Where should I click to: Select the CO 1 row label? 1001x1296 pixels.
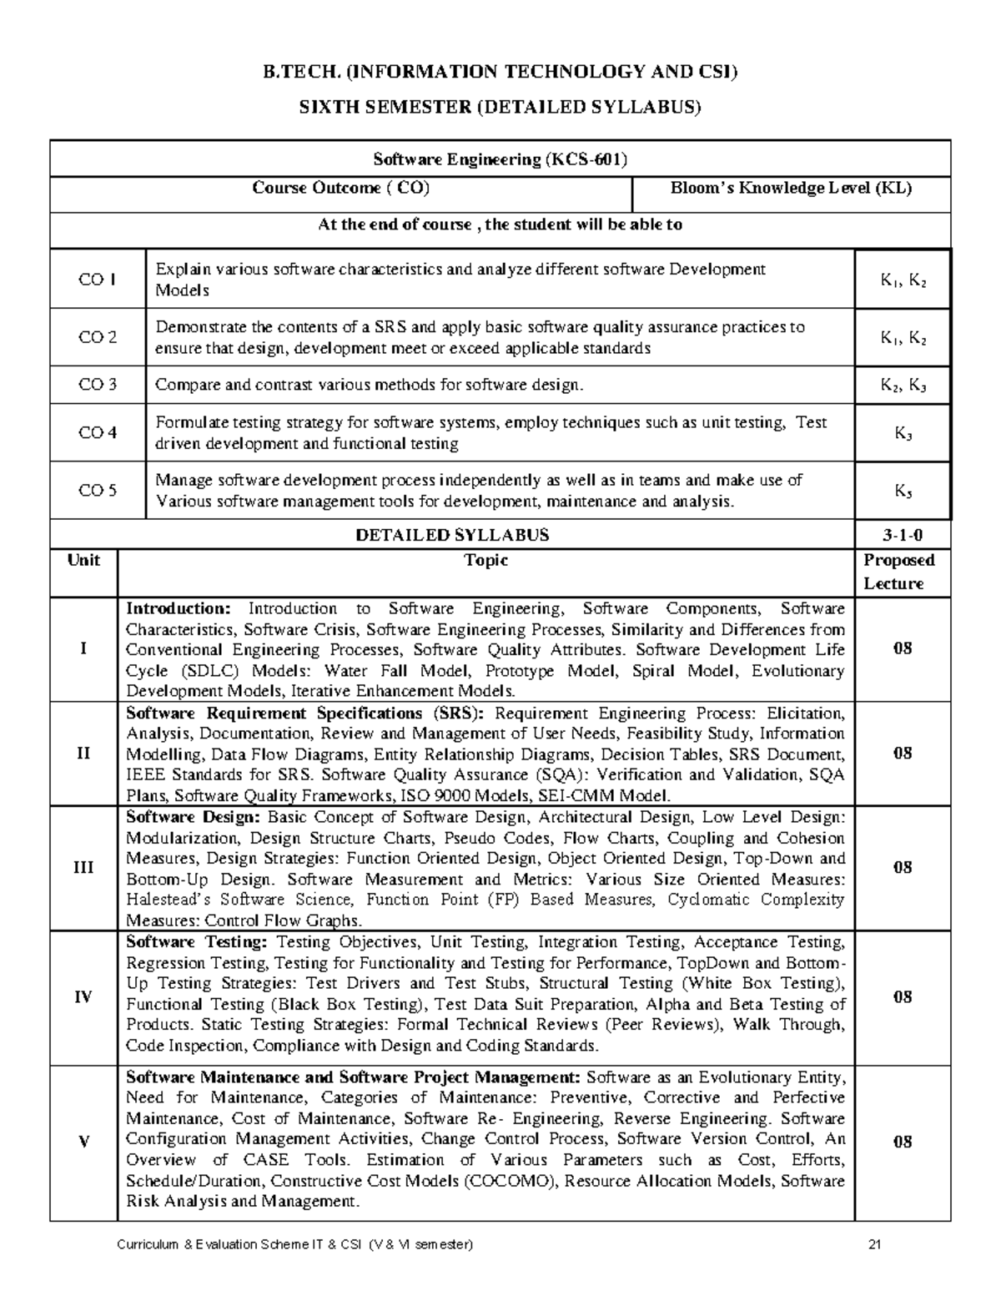[x=97, y=280]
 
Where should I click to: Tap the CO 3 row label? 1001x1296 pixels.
[x=97, y=385]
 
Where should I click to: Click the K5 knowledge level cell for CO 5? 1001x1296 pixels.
[x=903, y=492]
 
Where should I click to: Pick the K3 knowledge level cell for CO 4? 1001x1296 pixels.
[x=903, y=433]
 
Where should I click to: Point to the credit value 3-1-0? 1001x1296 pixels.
[x=903, y=535]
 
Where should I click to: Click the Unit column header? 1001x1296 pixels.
[x=83, y=561]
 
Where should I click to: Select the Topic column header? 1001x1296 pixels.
[x=486, y=561]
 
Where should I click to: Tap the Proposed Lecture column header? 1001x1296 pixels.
[x=898, y=572]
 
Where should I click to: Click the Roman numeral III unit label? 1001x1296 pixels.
[x=83, y=868]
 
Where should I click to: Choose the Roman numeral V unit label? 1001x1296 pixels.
[x=83, y=1142]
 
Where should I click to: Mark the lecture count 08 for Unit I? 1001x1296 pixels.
[x=903, y=649]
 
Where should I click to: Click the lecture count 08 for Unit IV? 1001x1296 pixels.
[x=903, y=997]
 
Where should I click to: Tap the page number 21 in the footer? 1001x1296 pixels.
[x=875, y=1246]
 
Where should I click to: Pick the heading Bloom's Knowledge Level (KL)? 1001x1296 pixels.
[x=791, y=189]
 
